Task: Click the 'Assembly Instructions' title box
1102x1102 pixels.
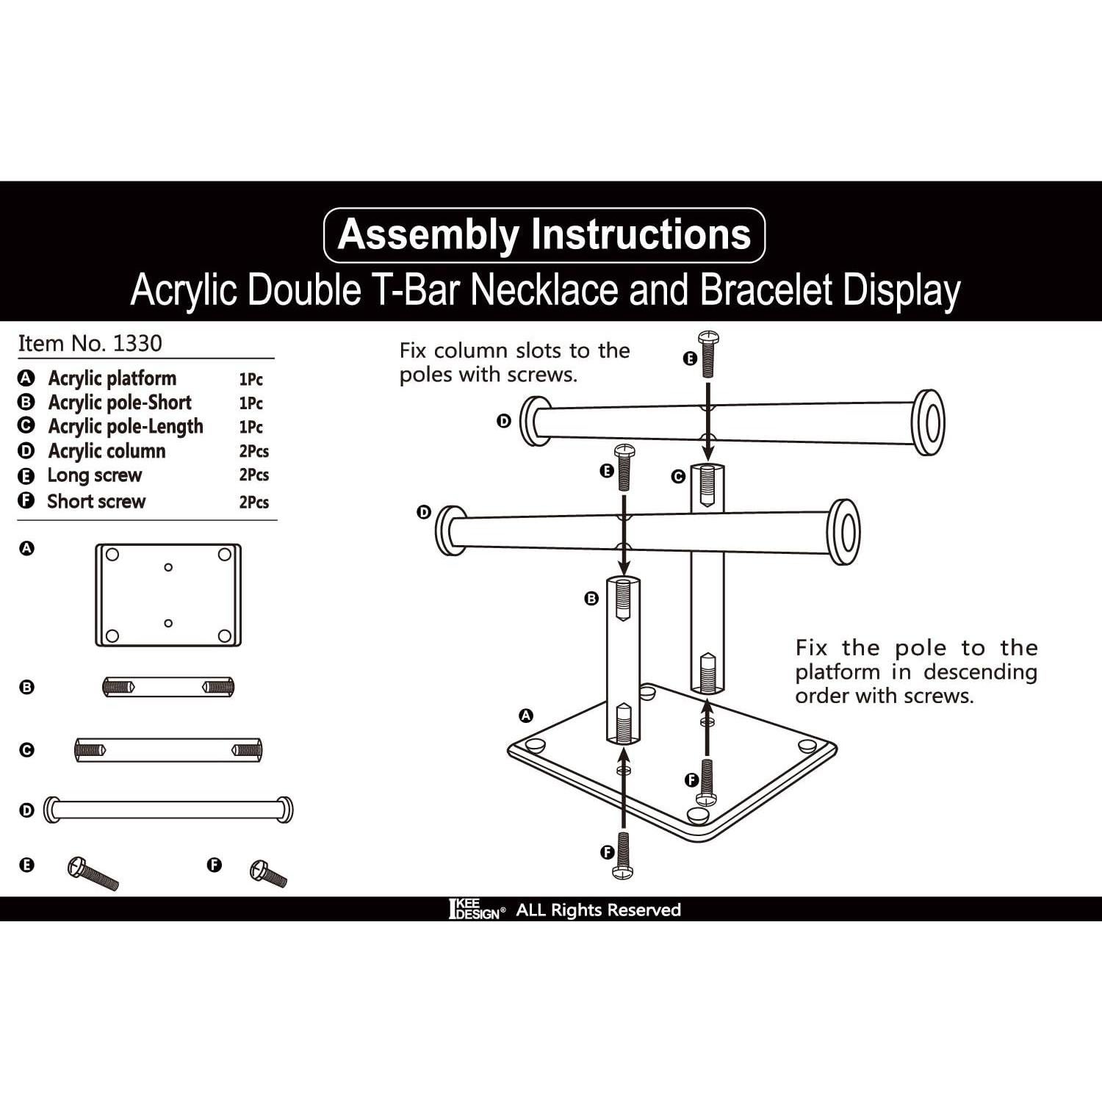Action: pos(544,235)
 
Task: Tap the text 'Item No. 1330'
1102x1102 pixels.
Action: pos(90,343)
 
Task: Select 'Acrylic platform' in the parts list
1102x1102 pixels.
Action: pos(112,378)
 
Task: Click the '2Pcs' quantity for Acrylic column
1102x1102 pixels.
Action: pos(254,451)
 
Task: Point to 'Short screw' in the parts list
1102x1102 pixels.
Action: pos(96,501)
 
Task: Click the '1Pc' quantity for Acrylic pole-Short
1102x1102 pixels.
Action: pos(251,403)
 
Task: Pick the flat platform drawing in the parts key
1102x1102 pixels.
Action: pos(168,595)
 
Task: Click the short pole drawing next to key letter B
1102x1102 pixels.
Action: pos(168,688)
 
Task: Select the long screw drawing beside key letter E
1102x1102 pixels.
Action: pos(93,873)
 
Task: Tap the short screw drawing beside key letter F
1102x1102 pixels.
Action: pos(269,873)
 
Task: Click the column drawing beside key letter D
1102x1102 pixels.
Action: pos(168,810)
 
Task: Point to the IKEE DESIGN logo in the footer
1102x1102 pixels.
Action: pos(477,910)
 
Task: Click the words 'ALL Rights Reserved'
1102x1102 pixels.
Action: pos(599,910)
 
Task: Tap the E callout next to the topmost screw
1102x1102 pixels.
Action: pos(690,359)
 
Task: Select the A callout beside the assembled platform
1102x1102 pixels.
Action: pos(526,716)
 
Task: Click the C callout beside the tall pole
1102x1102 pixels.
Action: pos(679,476)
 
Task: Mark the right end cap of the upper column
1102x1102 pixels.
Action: pos(929,422)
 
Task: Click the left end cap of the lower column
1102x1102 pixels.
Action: pos(450,530)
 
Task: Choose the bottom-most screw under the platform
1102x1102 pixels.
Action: pos(623,856)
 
